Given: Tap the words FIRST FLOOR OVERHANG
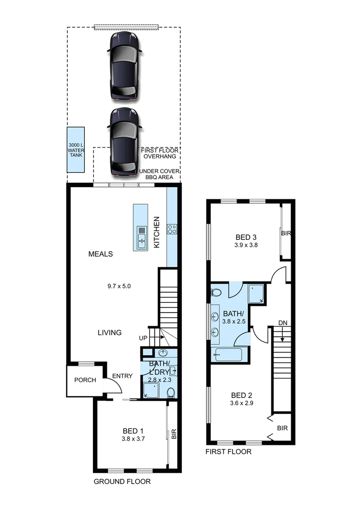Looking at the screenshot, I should point(159,153).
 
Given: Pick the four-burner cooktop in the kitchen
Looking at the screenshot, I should point(172,230).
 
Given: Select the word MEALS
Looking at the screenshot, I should point(100,254).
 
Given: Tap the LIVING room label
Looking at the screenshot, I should point(109,332).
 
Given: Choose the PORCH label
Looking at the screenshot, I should point(85,380).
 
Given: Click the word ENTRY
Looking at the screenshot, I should point(122,376).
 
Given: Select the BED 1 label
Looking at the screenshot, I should point(133,431).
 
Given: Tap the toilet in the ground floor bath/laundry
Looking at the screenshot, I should point(171,392).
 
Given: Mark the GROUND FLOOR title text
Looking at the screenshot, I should point(122,481).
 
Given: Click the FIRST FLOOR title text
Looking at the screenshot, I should point(229,452).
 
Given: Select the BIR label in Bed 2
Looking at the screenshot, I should point(282,428).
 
